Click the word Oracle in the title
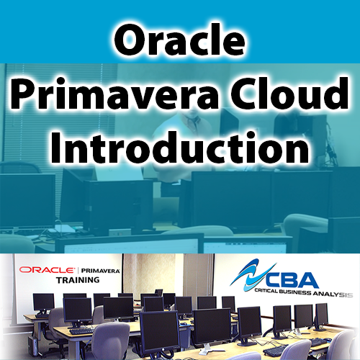(179, 42)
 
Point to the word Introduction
(179, 148)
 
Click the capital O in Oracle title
(127, 42)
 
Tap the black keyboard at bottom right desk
(276, 349)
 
